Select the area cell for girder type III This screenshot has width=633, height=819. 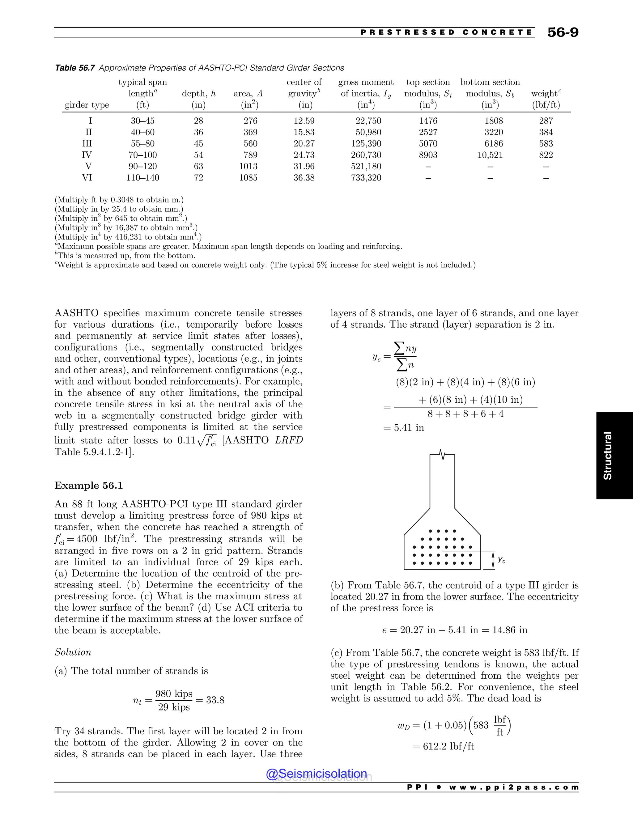[x=250, y=144]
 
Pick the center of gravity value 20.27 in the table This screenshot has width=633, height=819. [x=304, y=144]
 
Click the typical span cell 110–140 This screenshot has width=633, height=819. [x=142, y=178]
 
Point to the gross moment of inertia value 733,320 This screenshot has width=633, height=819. [x=366, y=178]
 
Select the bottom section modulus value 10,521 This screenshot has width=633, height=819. [x=490, y=155]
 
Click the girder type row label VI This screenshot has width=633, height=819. [x=87, y=178]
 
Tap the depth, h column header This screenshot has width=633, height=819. [x=199, y=94]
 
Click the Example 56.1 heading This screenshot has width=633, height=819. [x=88, y=486]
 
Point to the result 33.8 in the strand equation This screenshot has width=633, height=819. [x=215, y=700]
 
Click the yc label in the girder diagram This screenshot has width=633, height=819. [x=501, y=560]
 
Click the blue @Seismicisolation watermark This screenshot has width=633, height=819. [x=316, y=774]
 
